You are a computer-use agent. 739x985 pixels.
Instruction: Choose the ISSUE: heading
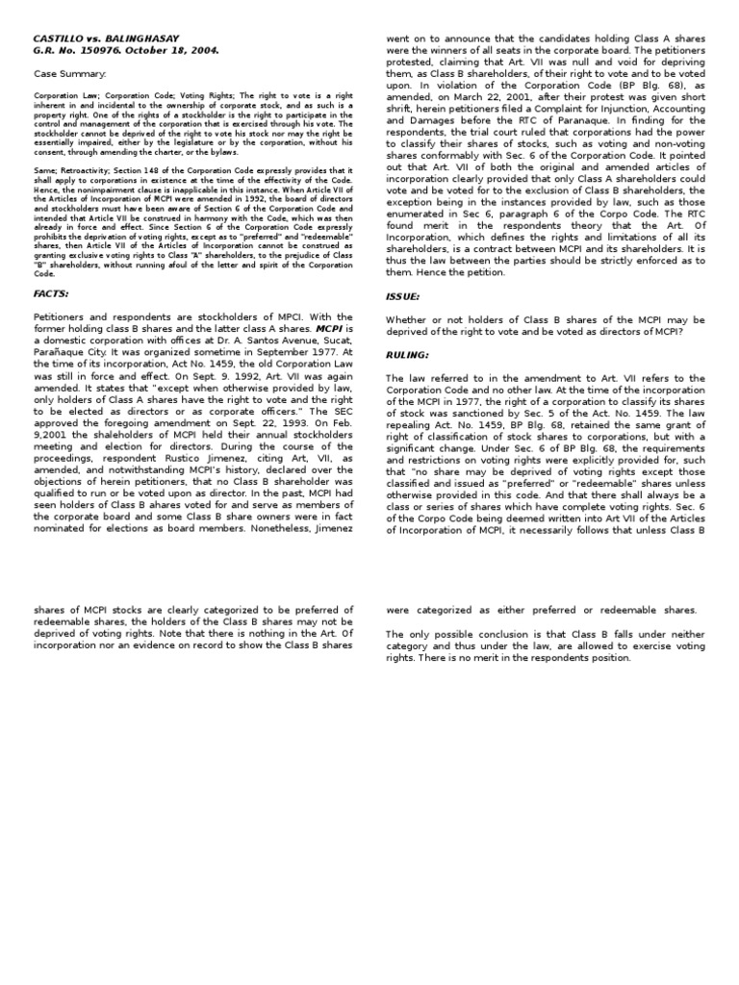click(403, 298)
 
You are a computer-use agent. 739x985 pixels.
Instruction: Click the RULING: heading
click(407, 353)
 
